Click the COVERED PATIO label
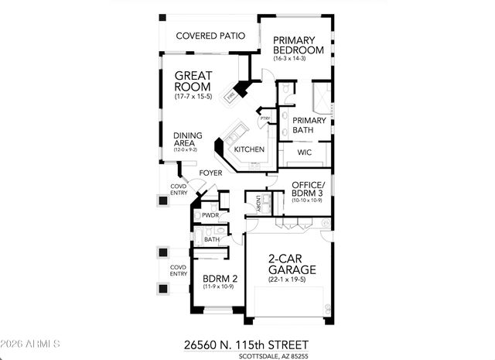210,36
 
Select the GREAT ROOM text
193,83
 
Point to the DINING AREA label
187,138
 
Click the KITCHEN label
250,149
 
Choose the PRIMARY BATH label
309,125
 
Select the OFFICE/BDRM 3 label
309,189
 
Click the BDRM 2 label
218,279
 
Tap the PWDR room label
210,215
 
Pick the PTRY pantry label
265,118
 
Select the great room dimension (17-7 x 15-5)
193,96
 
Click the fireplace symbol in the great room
231,97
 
